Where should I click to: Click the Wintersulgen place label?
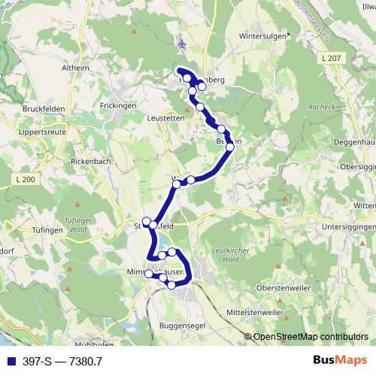[264, 35]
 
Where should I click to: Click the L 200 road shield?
[25, 179]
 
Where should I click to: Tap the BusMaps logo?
[335, 361]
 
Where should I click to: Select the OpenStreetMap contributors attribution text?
[311, 338]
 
